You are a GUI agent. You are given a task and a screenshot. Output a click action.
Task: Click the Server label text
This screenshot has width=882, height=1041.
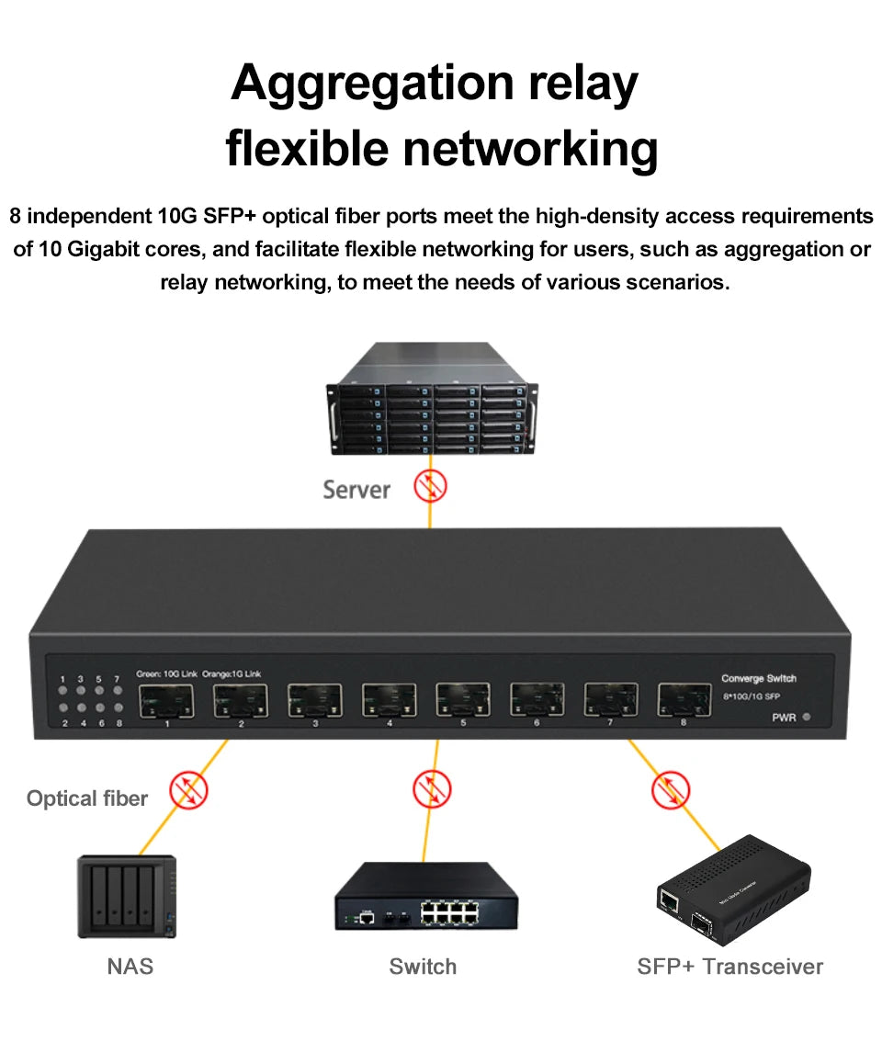(356, 490)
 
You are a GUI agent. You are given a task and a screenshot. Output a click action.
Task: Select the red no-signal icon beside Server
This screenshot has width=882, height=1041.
(430, 486)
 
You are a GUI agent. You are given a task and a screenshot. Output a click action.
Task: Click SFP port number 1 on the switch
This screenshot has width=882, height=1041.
(166, 701)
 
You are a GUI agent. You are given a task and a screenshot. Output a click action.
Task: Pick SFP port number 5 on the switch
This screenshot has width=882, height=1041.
(462, 700)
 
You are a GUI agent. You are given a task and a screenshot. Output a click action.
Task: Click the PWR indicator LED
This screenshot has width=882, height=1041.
(806, 718)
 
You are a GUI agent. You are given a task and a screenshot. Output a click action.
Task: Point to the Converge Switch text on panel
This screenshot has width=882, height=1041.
(758, 678)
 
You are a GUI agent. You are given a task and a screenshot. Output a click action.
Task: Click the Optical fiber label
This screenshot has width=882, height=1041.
(87, 798)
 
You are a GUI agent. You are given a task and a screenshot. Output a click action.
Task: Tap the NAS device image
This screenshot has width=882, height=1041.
(127, 897)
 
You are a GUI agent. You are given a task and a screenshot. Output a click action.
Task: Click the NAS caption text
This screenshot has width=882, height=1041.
(130, 966)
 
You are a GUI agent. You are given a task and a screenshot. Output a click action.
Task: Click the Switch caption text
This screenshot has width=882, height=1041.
(423, 966)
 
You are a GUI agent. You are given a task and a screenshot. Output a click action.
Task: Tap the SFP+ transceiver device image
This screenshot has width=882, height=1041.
(732, 891)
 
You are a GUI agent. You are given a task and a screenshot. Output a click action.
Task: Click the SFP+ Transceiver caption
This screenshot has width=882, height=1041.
(729, 966)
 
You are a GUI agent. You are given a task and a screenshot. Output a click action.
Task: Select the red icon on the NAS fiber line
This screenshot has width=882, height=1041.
(189, 790)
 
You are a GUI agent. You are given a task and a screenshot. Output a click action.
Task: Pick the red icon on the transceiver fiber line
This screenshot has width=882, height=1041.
(671, 790)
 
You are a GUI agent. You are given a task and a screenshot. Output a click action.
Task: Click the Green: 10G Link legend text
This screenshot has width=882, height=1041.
(166, 673)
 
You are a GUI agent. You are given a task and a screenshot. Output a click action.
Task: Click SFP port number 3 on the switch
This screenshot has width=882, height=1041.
(314, 700)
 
